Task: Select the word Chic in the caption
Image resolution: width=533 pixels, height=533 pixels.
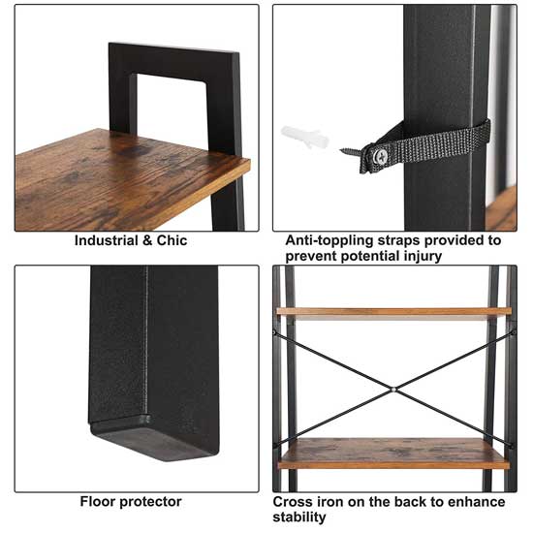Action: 172,240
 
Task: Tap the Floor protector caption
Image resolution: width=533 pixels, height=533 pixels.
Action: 131,502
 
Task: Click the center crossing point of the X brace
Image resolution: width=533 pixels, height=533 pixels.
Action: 392,390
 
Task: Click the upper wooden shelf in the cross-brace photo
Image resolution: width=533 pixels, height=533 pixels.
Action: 392,312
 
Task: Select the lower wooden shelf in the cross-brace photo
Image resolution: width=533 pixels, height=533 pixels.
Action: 392,453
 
